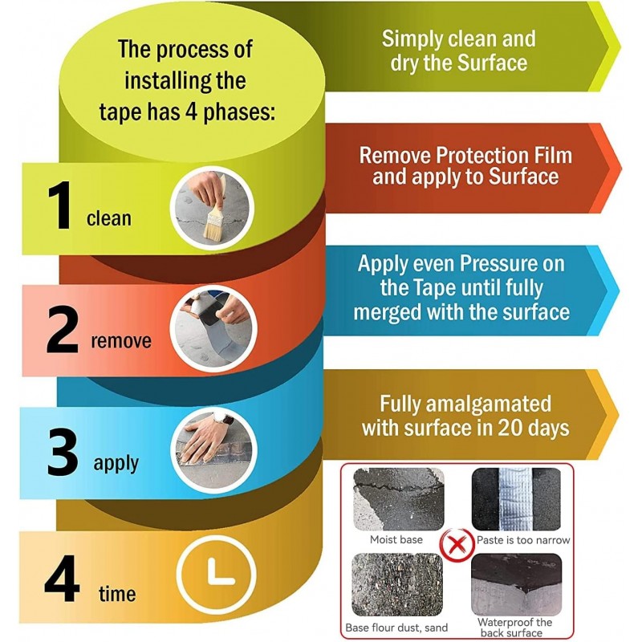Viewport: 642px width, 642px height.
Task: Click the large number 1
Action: (x=60, y=205)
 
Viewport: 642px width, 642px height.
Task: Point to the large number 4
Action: (x=62, y=579)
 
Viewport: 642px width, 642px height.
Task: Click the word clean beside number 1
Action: (x=109, y=218)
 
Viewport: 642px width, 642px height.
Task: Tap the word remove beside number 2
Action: (x=121, y=340)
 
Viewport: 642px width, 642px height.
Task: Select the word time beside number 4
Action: (x=117, y=594)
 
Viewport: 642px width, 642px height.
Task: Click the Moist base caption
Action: (x=396, y=539)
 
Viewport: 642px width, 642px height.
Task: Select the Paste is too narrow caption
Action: (x=523, y=540)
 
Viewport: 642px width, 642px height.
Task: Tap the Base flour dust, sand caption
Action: (x=396, y=628)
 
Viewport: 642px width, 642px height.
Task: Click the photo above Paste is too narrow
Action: (x=516, y=499)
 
